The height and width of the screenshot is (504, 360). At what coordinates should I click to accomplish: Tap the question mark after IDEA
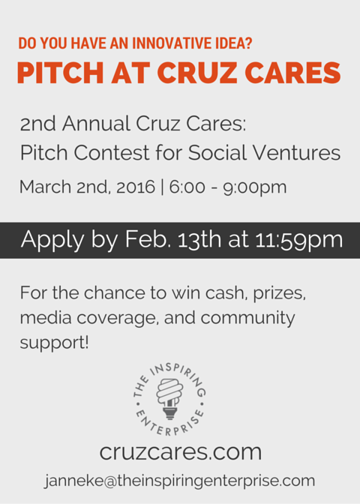(x=248, y=43)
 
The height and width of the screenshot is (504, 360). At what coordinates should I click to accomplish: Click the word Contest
(x=112, y=152)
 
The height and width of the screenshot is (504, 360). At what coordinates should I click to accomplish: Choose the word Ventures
(x=296, y=152)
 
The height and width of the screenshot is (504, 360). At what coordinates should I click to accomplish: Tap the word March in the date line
(x=45, y=187)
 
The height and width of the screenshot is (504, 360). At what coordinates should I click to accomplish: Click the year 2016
(x=136, y=187)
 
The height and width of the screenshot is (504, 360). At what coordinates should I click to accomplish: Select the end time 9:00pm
(x=254, y=187)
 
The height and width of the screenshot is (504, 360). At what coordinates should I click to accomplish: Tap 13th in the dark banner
(x=199, y=239)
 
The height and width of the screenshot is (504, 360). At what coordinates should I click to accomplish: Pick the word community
(x=247, y=318)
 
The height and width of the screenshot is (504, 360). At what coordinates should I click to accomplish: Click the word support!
(x=54, y=343)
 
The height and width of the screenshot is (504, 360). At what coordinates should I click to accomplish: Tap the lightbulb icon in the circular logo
(x=169, y=398)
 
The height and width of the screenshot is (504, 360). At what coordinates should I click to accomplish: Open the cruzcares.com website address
(x=181, y=452)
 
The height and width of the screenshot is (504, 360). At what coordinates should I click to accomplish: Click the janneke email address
(x=179, y=481)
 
